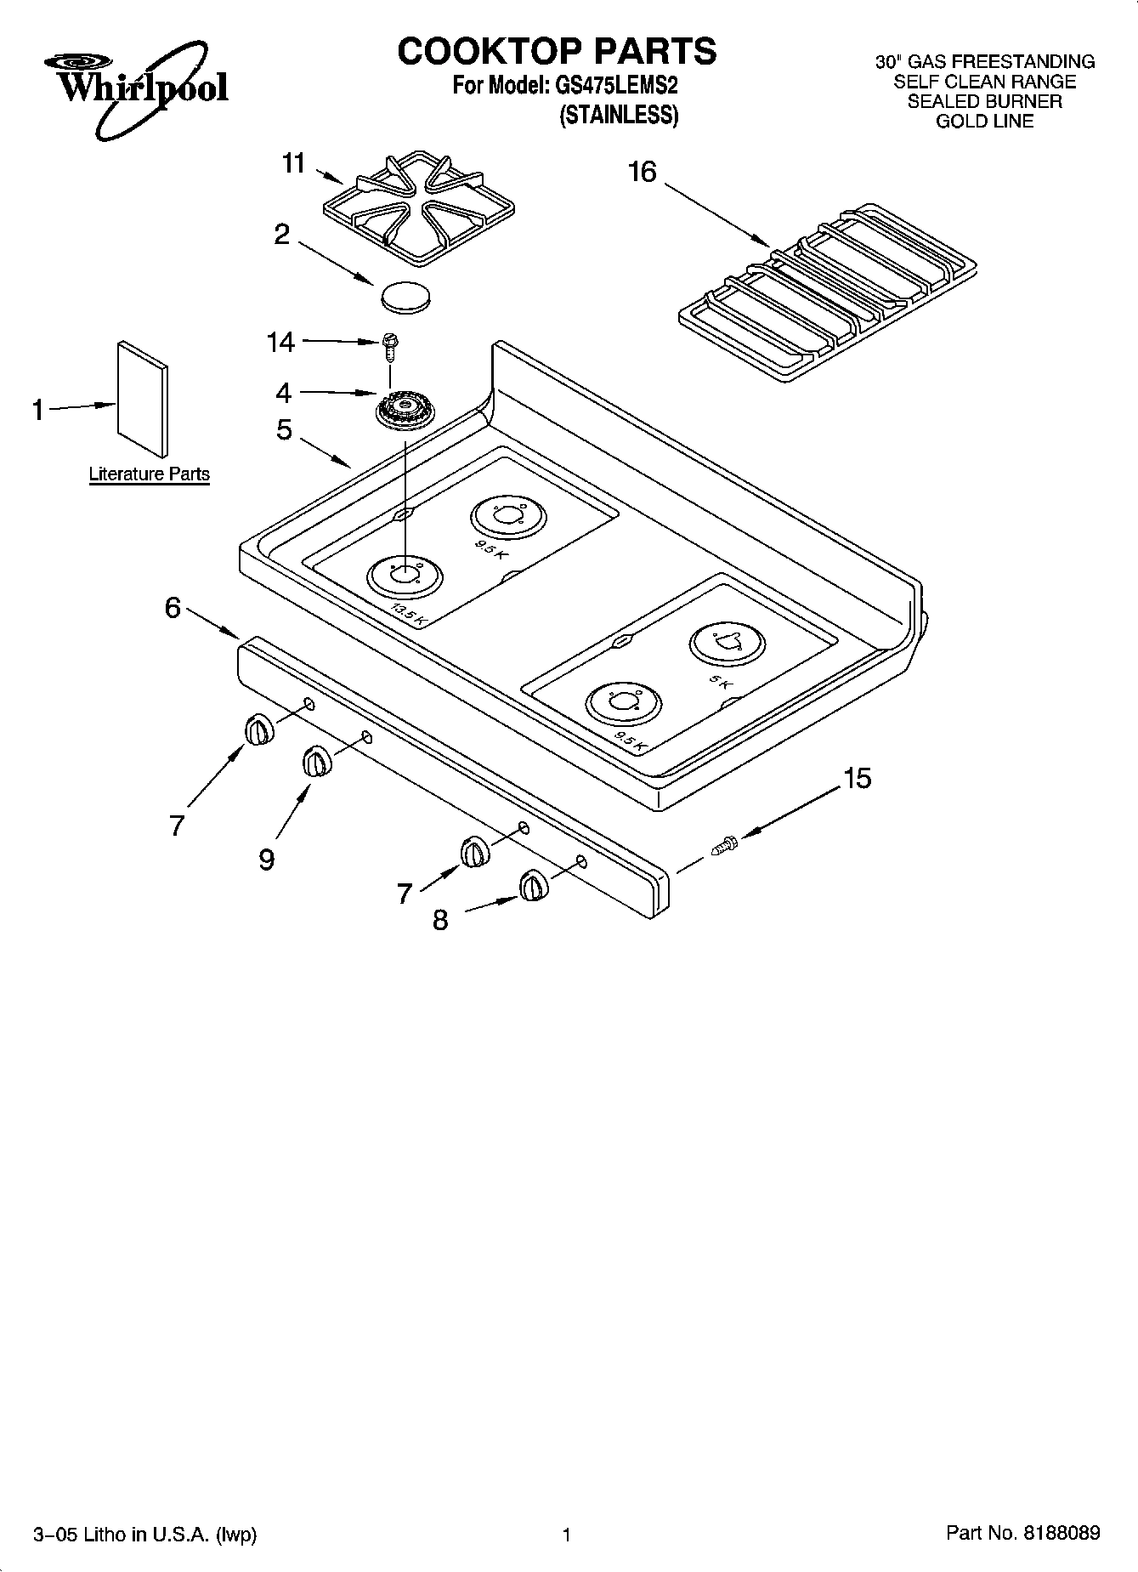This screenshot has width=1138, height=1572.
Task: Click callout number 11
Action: click(294, 162)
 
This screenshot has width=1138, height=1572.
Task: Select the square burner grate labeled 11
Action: click(420, 207)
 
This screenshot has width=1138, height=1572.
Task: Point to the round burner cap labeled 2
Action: click(405, 294)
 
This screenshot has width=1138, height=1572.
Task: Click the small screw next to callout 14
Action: click(391, 343)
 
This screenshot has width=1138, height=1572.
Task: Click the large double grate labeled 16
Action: click(829, 290)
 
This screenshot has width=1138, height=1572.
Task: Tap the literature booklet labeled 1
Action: click(143, 399)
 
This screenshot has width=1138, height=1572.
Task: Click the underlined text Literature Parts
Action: click(149, 474)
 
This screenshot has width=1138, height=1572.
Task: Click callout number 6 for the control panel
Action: click(173, 607)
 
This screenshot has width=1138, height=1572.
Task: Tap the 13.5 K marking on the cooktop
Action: click(407, 616)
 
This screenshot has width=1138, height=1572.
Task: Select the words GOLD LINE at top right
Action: click(984, 122)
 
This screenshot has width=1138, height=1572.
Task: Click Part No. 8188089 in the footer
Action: click(1022, 1533)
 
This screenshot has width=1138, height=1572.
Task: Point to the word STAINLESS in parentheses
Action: click(619, 115)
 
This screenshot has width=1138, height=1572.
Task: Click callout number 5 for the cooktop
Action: click(284, 429)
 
